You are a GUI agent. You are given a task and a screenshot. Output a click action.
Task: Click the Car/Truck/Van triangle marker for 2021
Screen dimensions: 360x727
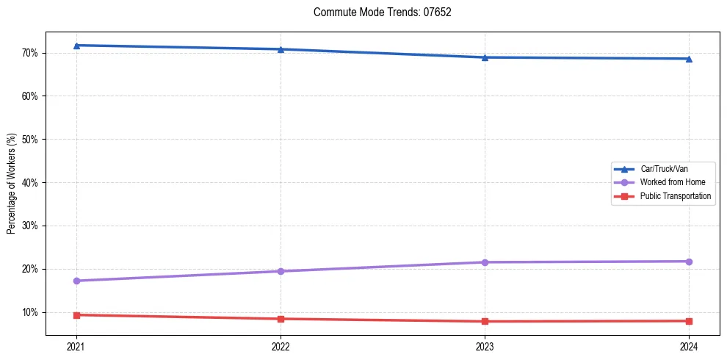76,46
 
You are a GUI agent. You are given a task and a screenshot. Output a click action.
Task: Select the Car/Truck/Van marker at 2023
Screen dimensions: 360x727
485,57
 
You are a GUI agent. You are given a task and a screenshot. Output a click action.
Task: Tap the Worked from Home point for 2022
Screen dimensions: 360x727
281,271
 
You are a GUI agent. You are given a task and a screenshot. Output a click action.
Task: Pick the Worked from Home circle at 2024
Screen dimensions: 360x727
689,262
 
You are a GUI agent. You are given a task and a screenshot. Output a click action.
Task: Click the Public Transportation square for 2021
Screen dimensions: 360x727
76,315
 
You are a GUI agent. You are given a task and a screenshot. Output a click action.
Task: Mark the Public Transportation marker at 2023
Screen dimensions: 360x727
485,321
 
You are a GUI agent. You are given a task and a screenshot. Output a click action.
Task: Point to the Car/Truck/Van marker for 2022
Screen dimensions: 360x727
281,49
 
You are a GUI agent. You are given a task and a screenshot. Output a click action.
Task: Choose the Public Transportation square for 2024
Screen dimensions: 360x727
689,321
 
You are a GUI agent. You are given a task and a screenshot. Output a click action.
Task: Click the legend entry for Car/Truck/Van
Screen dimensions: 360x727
664,169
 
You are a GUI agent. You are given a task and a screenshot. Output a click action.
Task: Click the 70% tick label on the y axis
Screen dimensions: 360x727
31,53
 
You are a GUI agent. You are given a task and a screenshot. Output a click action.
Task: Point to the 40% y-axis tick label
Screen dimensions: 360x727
31,182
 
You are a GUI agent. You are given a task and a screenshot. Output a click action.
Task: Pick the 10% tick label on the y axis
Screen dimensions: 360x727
31,312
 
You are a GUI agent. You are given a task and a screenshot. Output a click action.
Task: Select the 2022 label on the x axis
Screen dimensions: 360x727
281,346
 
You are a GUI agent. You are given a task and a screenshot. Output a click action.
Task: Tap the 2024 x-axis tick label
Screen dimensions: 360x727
689,346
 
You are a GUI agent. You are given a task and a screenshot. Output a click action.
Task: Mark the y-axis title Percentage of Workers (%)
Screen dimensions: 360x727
12,184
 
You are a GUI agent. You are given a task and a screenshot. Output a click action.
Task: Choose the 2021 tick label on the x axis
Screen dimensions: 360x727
76,346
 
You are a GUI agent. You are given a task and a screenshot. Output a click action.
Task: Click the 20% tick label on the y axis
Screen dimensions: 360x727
31,269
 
